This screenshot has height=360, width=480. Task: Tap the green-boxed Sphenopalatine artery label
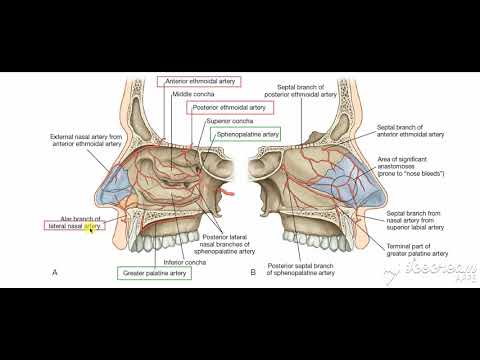[x=246, y=132]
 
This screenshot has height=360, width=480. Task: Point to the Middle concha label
[x=190, y=94]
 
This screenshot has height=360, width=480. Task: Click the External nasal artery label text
[x=81, y=139]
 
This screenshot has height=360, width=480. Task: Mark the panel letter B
[x=253, y=272]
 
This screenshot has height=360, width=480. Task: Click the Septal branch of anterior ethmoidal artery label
[x=412, y=132]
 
